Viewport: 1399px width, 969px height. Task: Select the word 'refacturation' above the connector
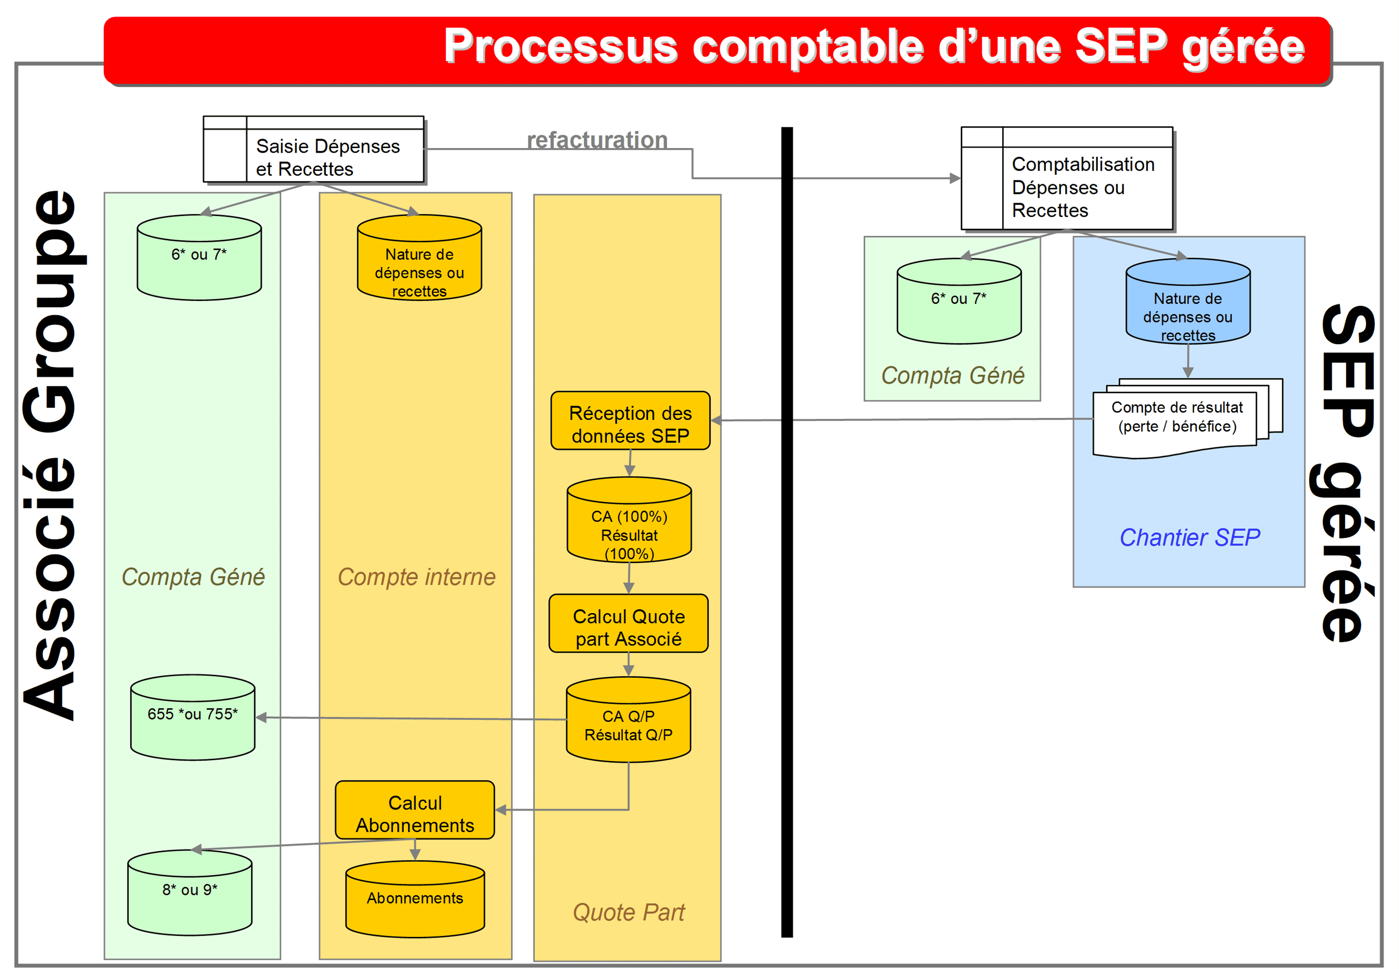coord(597,140)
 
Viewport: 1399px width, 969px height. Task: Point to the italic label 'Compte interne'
coord(416,577)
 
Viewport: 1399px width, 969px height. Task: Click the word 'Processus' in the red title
coord(560,47)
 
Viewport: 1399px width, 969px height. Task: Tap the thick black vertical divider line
coord(787,546)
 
